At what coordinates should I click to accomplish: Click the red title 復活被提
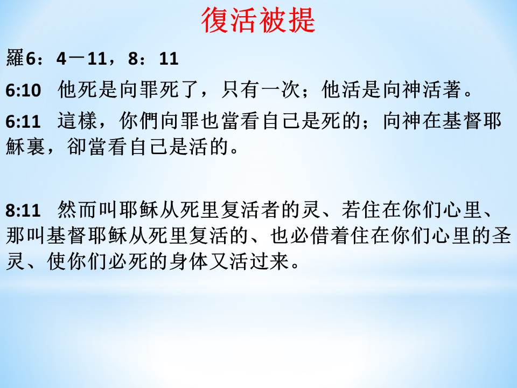[258, 20]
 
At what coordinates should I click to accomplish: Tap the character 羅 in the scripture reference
[15, 58]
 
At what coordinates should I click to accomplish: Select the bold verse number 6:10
[23, 91]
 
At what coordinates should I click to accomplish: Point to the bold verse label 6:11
[23, 121]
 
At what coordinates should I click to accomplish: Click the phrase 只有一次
[261, 89]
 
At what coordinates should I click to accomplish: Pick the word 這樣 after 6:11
[78, 121]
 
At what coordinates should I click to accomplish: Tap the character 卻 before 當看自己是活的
[77, 146]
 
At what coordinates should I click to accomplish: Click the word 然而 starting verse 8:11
[78, 210]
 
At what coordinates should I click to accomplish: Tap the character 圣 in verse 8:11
[501, 235]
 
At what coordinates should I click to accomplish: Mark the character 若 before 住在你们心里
[351, 210]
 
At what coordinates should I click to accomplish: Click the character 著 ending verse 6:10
[452, 89]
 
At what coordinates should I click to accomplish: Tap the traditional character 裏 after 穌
[36, 146]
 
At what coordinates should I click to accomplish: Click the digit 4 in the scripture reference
[61, 59]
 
